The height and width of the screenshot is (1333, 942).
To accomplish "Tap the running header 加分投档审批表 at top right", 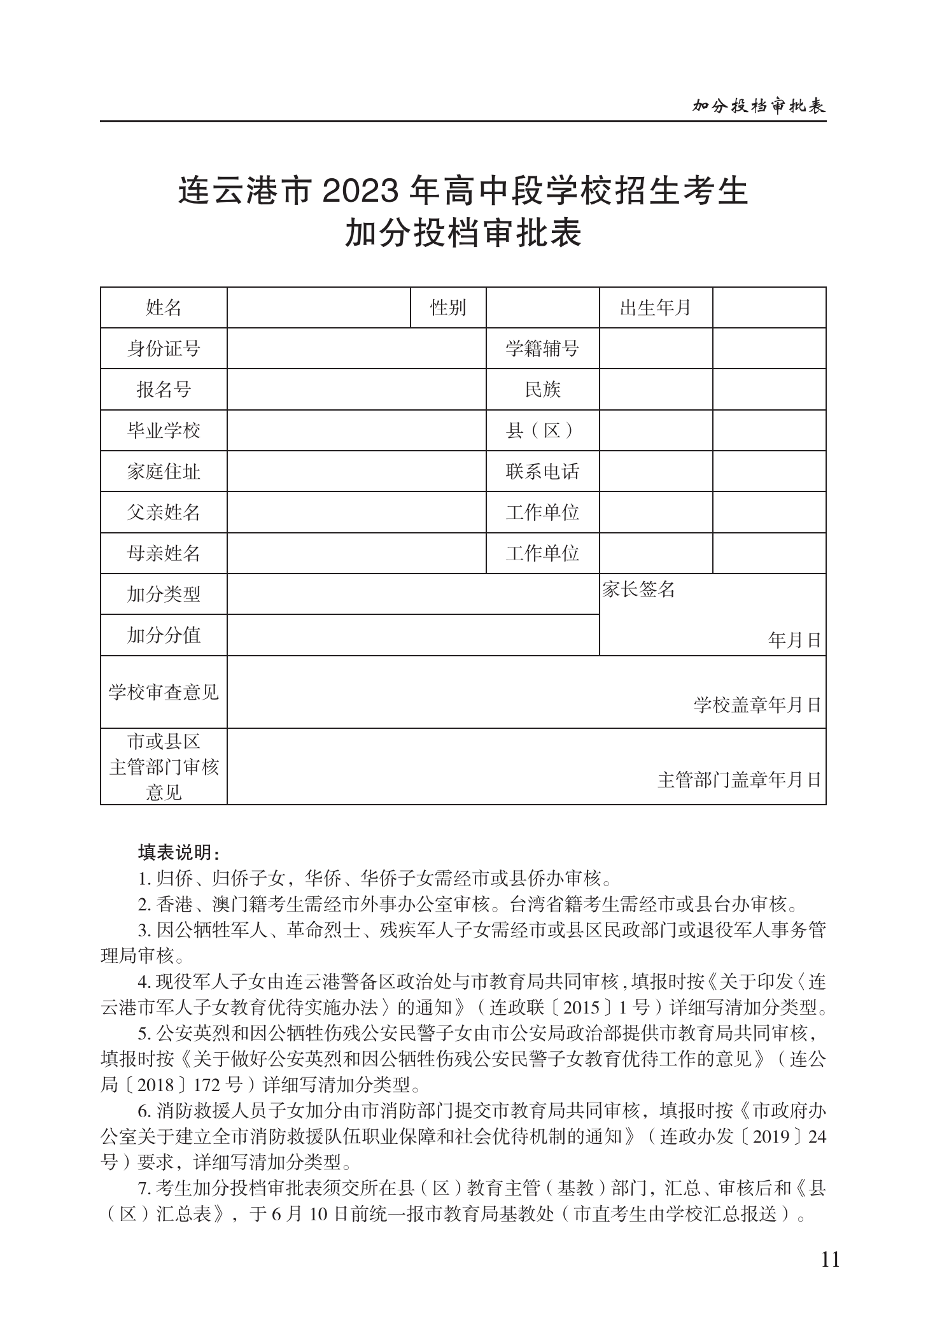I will click(x=759, y=106).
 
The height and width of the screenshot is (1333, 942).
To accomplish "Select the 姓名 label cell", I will click(x=164, y=308).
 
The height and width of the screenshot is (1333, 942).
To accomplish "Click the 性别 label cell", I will click(x=448, y=308).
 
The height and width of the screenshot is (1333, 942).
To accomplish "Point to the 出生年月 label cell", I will click(x=656, y=308).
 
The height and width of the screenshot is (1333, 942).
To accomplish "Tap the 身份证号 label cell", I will click(x=164, y=349).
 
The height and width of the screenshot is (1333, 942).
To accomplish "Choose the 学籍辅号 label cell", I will click(x=542, y=349).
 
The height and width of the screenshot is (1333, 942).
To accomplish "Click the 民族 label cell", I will click(x=542, y=390).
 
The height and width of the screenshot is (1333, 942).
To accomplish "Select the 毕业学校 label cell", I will click(x=164, y=431).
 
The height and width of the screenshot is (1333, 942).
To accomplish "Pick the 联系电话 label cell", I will click(x=542, y=472).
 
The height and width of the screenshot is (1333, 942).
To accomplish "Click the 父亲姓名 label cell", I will click(x=164, y=512).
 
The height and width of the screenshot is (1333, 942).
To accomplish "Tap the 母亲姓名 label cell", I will click(x=164, y=553).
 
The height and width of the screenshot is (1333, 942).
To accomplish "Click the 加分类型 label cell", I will click(x=164, y=595).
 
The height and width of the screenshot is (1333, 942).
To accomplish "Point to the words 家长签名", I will click(x=638, y=589).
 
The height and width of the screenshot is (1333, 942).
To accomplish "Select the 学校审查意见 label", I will click(x=164, y=692).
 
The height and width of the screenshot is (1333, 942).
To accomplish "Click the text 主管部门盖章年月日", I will click(x=739, y=780).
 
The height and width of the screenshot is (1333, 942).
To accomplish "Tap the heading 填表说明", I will click(x=179, y=852).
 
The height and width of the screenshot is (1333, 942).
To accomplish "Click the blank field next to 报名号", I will click(x=356, y=390).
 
